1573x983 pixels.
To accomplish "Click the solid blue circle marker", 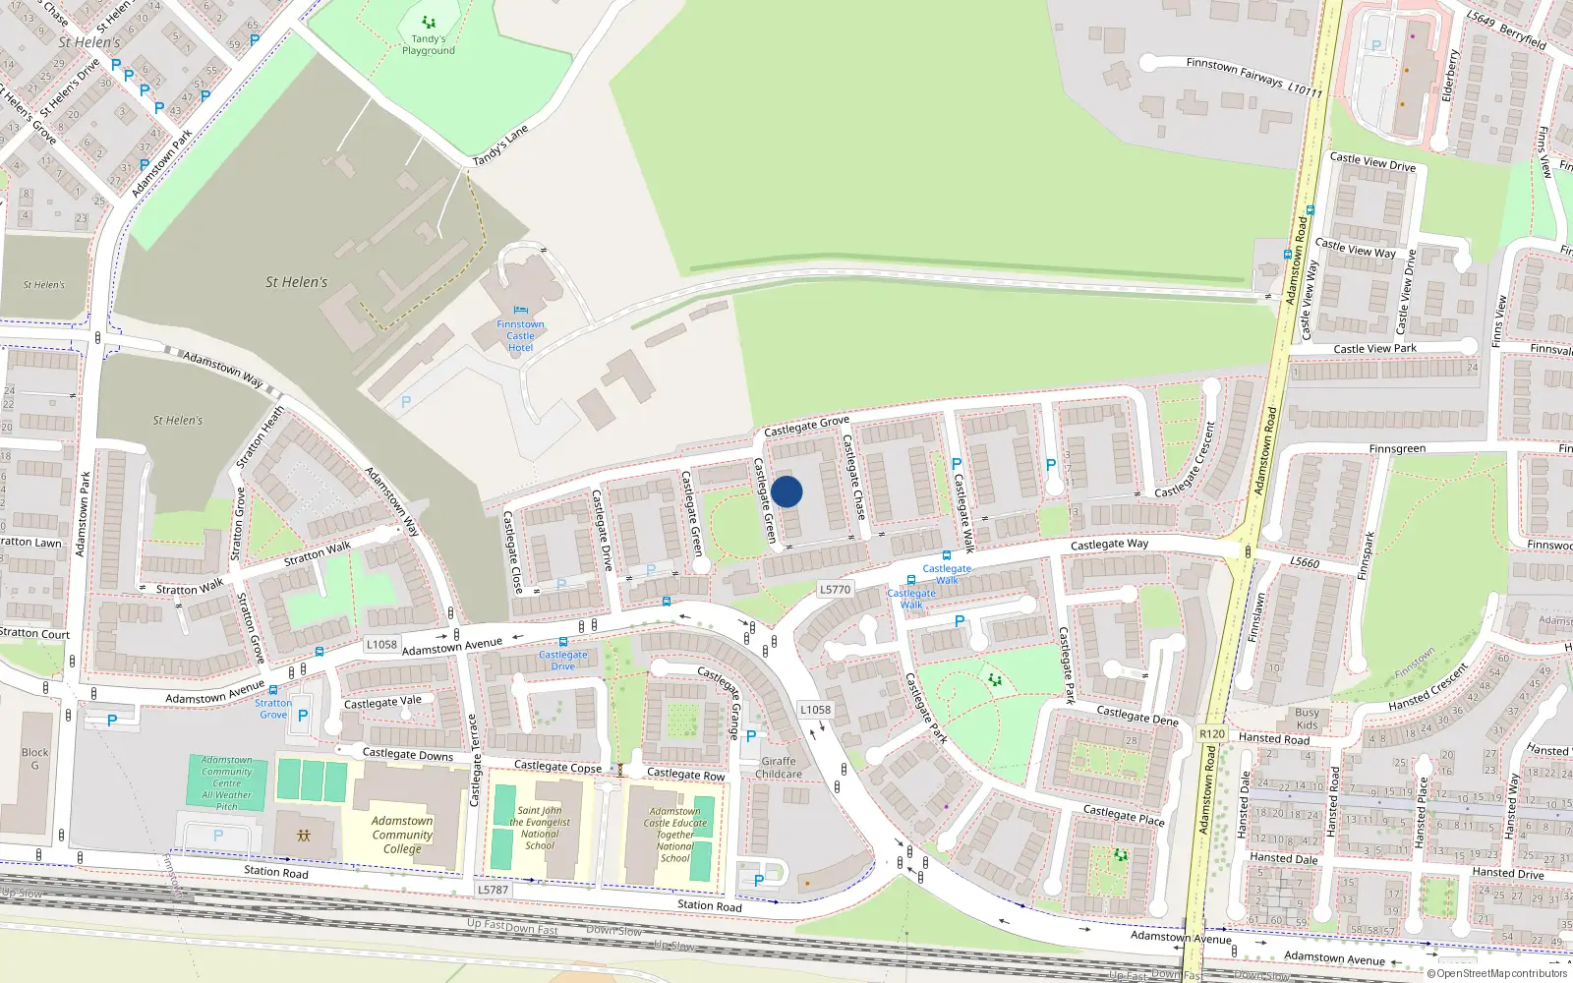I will click(x=786, y=491).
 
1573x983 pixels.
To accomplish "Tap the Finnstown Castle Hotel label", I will click(x=520, y=335).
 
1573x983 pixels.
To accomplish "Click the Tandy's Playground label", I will click(x=429, y=45).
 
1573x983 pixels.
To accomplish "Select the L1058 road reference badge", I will click(x=381, y=645).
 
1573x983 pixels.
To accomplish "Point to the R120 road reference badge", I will click(x=1212, y=734).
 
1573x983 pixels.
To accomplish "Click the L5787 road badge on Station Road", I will click(x=494, y=890).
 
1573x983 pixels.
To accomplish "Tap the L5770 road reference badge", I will click(x=835, y=590).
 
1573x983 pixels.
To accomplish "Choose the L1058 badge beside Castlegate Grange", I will click(x=815, y=710).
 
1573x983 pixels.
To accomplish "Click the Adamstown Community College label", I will click(x=402, y=835).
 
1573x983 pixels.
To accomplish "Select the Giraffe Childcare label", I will click(x=779, y=768).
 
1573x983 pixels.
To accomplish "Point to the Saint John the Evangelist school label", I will click(x=540, y=829).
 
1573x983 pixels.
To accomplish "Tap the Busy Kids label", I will click(x=1308, y=719).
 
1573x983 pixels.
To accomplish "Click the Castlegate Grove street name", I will click(x=806, y=427).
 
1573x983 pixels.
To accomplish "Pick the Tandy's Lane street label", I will click(x=500, y=145).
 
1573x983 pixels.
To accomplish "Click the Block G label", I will click(x=34, y=759).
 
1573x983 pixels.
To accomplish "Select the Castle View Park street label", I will click(x=1374, y=349).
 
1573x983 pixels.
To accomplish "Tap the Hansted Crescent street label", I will click(x=1428, y=686).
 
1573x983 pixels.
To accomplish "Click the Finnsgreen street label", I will click(x=1397, y=449).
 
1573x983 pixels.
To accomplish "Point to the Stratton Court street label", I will click(x=34, y=633).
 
